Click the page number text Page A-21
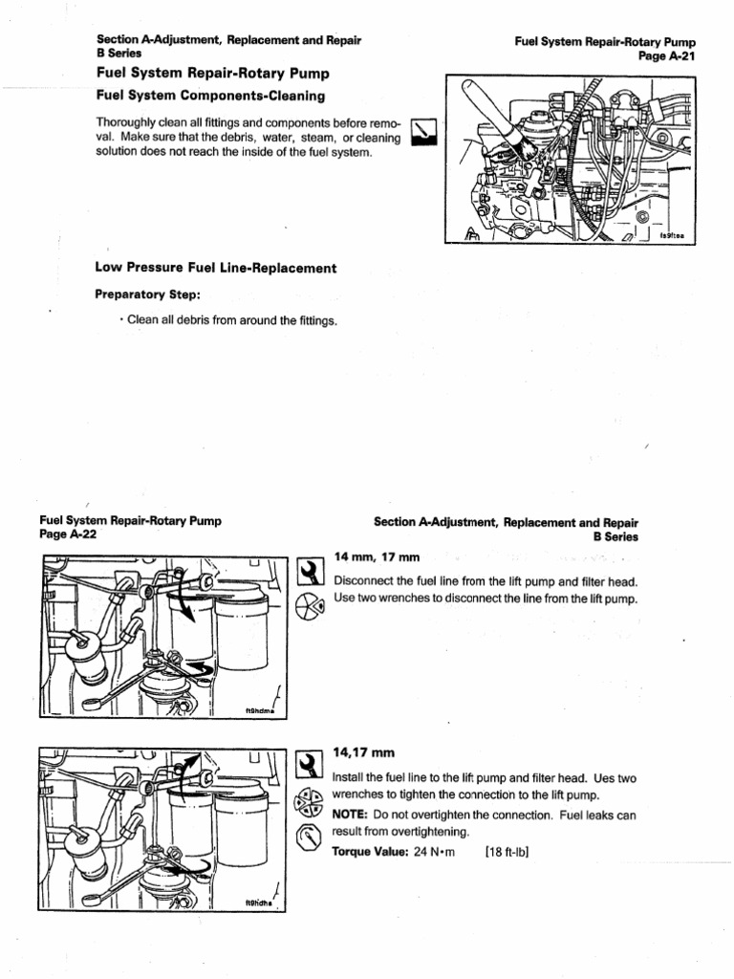click(666, 56)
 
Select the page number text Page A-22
click(68, 535)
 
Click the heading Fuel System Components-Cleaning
click(210, 96)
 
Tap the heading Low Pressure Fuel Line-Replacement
click(216, 269)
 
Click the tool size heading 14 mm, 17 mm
click(378, 557)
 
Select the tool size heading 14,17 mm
click(367, 753)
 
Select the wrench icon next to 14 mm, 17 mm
click(310, 572)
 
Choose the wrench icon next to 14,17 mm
click(310, 764)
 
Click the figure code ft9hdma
click(259, 711)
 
